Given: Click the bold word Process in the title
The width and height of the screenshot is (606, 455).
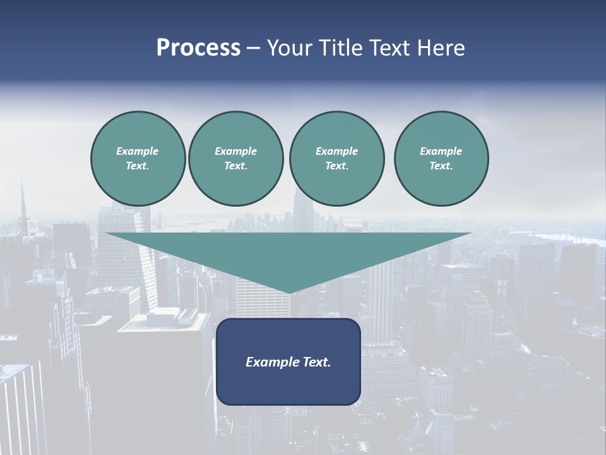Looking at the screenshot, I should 198,48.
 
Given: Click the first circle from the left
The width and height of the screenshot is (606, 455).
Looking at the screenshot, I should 138,159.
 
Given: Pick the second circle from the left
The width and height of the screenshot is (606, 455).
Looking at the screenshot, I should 235,159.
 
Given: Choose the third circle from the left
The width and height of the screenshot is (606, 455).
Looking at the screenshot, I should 336,159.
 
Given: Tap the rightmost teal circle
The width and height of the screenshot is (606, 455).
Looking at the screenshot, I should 441,159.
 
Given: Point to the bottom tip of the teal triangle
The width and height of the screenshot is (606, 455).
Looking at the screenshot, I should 289,293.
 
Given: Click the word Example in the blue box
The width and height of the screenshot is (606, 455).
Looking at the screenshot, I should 272,362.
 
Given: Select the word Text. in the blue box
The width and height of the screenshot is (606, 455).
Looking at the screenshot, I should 316,362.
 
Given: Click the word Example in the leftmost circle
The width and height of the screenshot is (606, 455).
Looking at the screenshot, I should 138,151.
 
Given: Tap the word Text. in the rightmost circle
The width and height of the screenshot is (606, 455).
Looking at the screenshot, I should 441,166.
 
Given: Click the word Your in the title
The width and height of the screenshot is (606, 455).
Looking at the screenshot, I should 288,48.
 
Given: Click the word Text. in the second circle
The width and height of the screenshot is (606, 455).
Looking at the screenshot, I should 235,166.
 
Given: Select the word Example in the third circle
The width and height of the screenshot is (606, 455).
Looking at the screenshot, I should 336,151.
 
